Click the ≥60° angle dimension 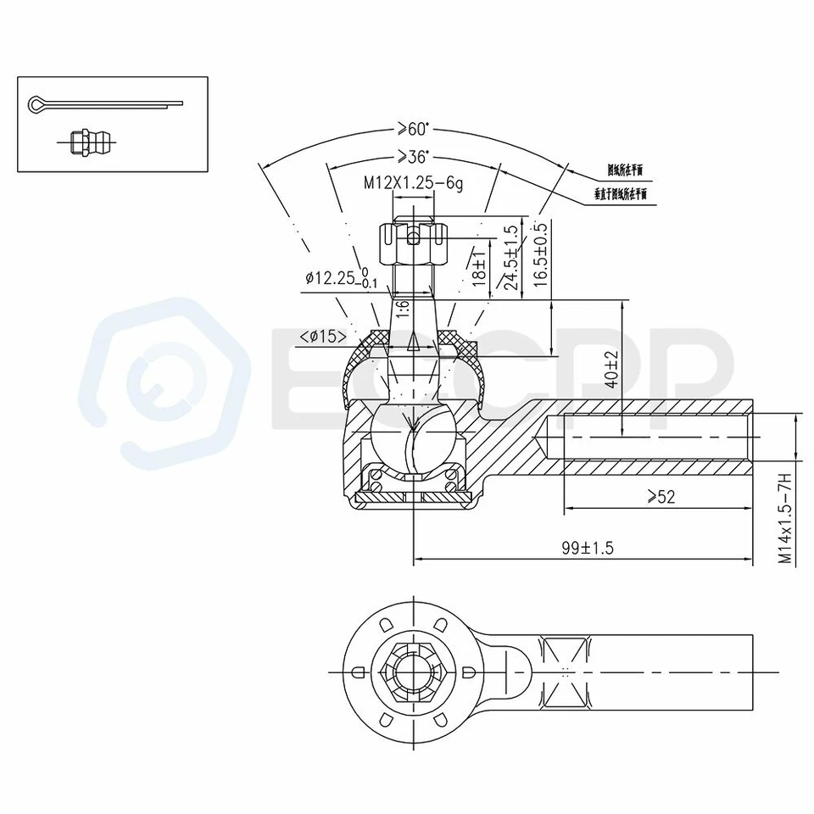pyautogui.click(x=413, y=129)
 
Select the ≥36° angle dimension pyautogui.click(x=413, y=157)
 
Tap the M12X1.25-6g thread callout pyautogui.click(x=413, y=182)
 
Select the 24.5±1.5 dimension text pyautogui.click(x=510, y=258)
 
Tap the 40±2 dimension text pyautogui.click(x=610, y=371)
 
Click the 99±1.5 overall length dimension pyautogui.click(x=585, y=549)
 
